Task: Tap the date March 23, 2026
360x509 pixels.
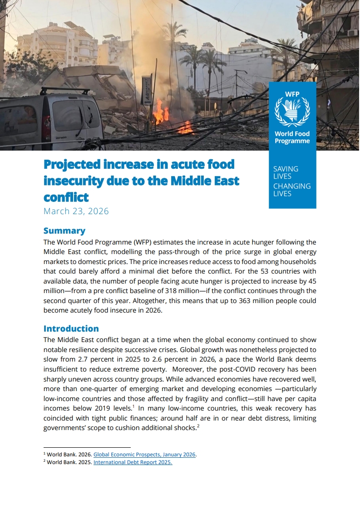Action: coord(76,211)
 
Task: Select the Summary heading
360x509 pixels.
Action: coord(64,230)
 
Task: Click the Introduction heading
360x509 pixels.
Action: coord(71,328)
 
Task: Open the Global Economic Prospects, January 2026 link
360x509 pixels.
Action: coord(144,455)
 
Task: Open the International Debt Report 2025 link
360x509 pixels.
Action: coord(133,463)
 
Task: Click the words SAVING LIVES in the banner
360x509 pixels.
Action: coord(286,172)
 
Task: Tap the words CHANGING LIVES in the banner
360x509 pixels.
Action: coord(291,190)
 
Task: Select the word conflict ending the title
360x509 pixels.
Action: coord(66,197)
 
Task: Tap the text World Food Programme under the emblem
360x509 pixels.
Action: coord(292,137)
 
